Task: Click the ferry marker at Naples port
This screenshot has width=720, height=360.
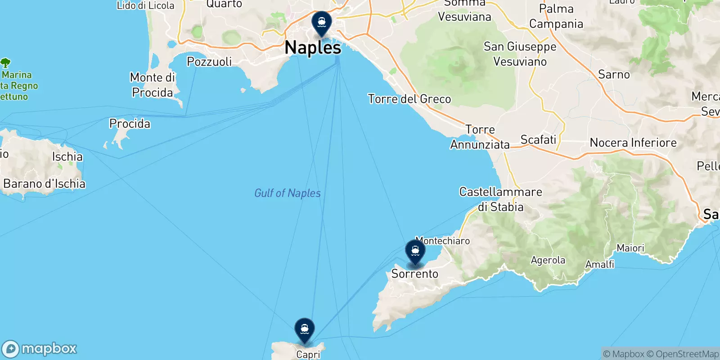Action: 322,22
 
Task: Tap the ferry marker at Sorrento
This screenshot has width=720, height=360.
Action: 415,251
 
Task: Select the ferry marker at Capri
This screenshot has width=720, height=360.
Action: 305,329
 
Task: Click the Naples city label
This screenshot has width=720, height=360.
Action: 313,48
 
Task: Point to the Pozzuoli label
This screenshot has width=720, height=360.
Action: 209,62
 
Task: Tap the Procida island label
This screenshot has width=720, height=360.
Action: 130,124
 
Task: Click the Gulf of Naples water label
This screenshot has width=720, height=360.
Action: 288,193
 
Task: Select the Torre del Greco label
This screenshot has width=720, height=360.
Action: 409,99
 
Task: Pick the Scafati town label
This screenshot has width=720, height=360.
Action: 538,140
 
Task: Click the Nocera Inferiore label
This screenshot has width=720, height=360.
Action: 633,143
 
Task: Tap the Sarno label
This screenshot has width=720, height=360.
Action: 614,75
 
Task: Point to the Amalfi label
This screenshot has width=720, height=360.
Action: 599,264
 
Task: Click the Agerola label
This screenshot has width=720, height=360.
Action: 548,260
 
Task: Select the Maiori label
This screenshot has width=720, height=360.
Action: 630,248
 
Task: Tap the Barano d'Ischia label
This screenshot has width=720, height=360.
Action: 44,184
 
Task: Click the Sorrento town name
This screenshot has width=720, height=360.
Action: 414,274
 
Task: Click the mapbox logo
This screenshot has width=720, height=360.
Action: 40,349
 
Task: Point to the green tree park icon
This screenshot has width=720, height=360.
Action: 5,63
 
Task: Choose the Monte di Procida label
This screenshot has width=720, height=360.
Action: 153,85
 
